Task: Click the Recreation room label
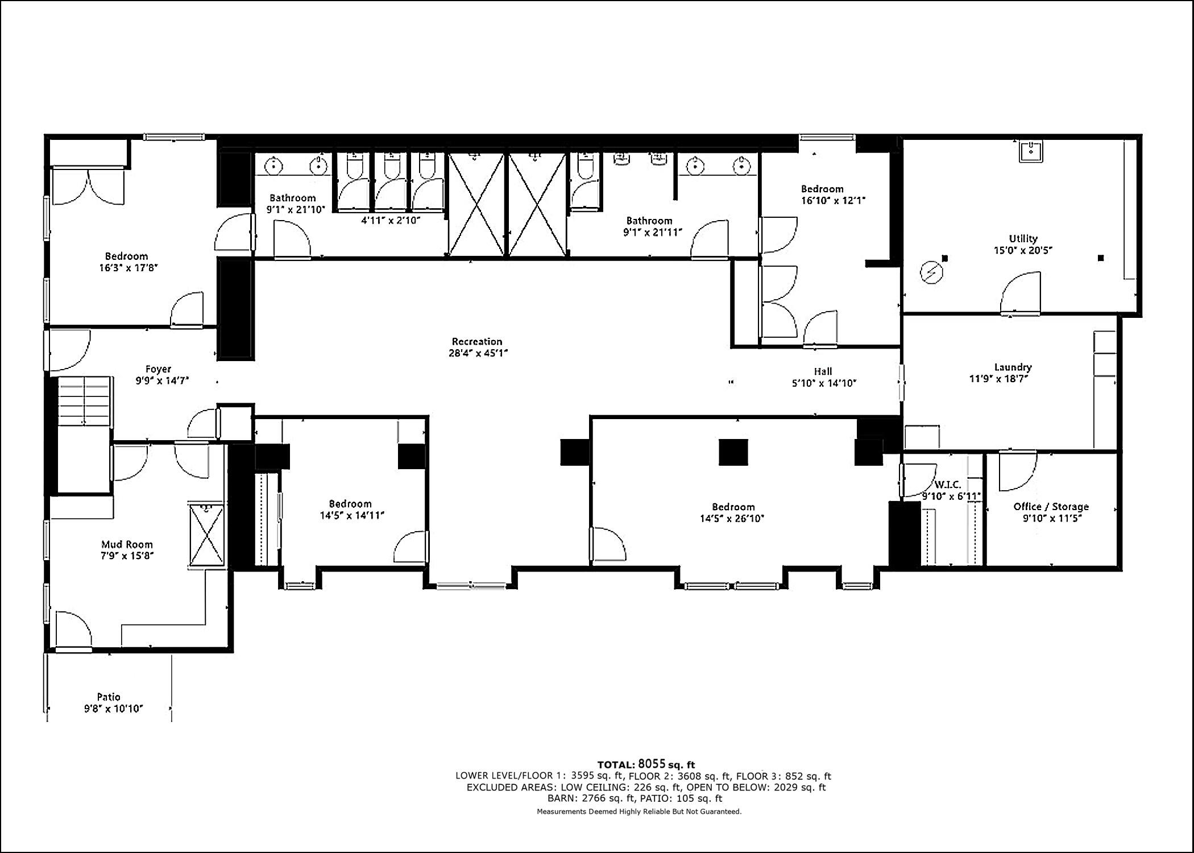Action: click(x=476, y=341)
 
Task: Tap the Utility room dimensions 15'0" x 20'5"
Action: click(x=1023, y=250)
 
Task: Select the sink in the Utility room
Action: click(x=1030, y=152)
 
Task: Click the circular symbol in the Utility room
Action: click(x=931, y=273)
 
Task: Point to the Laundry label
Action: click(x=1013, y=367)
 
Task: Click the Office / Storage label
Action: click(x=1051, y=507)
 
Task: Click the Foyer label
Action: click(x=158, y=370)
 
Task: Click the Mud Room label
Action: click(x=127, y=544)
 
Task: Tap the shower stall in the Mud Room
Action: click(x=207, y=535)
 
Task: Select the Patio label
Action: click(x=108, y=697)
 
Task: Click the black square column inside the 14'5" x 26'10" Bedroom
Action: click(x=733, y=452)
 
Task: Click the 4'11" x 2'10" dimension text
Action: click(x=390, y=221)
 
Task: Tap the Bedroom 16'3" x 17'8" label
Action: click(x=126, y=256)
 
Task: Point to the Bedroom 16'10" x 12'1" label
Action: click(x=822, y=189)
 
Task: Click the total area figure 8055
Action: click(x=651, y=764)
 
